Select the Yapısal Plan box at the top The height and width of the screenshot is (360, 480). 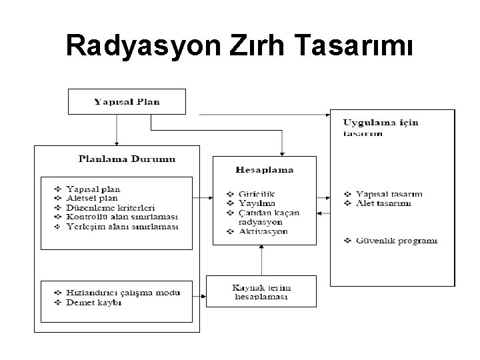click(127, 101)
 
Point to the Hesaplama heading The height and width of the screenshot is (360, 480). click(265, 169)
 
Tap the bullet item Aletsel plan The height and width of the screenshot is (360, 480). click(94, 198)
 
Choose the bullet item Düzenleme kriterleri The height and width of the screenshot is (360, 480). click(111, 207)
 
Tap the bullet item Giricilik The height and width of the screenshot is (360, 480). click(256, 194)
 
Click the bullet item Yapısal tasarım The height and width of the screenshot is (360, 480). click(389, 194)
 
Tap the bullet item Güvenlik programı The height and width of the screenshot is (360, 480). click(396, 240)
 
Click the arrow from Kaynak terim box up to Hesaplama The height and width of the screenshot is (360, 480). click(262, 260)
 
